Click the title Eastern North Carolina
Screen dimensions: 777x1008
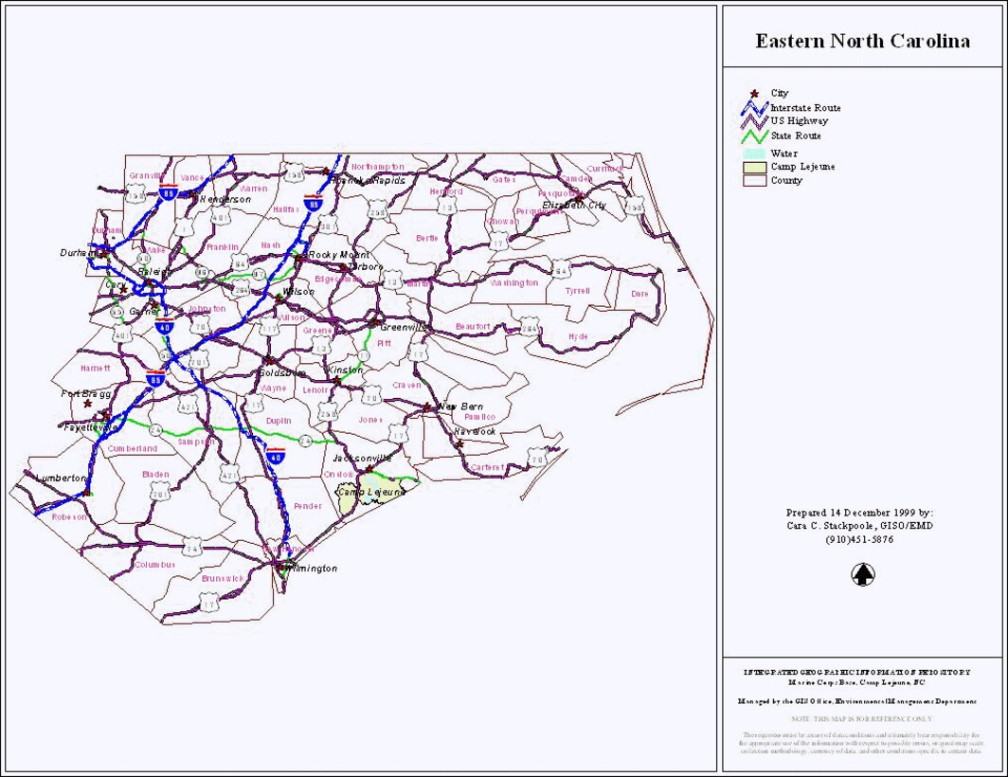point(862,42)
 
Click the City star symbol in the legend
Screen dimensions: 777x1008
point(755,94)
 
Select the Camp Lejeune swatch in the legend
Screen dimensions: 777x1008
point(754,167)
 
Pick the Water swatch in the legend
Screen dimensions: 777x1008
point(754,154)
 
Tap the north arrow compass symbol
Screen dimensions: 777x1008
point(862,574)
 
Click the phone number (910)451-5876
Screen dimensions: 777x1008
point(859,539)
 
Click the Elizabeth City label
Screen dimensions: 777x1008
point(573,205)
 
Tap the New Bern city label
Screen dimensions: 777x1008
point(460,407)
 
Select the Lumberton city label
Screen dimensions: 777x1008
point(61,479)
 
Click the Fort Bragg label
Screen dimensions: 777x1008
point(86,393)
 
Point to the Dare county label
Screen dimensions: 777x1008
point(640,294)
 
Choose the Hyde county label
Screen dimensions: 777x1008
point(578,336)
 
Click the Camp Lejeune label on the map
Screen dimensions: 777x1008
point(366,493)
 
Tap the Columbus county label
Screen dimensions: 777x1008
point(154,565)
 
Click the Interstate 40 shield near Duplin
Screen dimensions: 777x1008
point(276,456)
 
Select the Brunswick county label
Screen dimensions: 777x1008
point(223,578)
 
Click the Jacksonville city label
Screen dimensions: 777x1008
point(361,458)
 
